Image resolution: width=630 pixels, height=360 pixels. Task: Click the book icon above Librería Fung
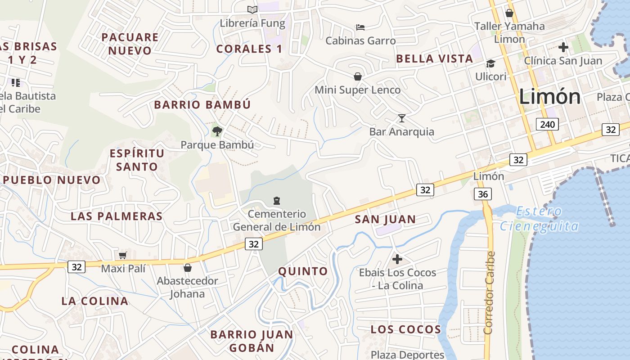[x=252, y=9]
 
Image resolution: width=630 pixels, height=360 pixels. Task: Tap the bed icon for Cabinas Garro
[x=360, y=27]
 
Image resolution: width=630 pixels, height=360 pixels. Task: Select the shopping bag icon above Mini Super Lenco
[x=358, y=76]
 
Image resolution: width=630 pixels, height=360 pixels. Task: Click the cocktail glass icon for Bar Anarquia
[x=402, y=118]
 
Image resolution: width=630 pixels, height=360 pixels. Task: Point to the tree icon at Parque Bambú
[x=217, y=131]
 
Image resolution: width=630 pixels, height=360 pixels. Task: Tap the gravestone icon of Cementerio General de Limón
[x=277, y=200]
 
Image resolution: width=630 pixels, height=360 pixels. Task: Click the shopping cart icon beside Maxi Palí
[x=122, y=256]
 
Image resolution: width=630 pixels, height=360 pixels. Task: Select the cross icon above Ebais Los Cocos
[x=397, y=259]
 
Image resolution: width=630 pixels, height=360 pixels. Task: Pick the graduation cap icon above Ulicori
[x=490, y=63]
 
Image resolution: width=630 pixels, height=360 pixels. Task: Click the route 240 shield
[x=547, y=124]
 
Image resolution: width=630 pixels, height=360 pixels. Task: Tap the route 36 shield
[x=483, y=194]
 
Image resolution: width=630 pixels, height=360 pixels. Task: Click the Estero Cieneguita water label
[x=539, y=218]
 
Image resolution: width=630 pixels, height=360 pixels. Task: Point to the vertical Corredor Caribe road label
[x=490, y=292]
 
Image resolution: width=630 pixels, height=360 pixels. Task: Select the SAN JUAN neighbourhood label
[x=385, y=220]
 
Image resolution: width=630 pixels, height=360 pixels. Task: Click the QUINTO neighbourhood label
[x=303, y=271]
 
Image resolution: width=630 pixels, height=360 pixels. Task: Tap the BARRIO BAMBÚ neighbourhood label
[x=202, y=105]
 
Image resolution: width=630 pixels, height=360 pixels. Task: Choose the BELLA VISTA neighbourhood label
[x=434, y=58]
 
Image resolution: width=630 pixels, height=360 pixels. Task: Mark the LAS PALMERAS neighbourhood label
[x=117, y=216]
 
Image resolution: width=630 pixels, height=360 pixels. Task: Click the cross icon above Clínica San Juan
[x=563, y=47]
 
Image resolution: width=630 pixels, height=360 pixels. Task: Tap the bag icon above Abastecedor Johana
[x=188, y=268]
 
